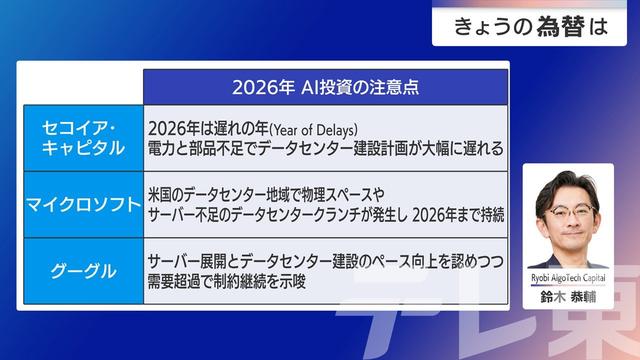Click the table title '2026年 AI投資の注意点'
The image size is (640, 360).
[324, 86]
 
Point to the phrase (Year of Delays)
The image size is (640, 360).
[303, 127]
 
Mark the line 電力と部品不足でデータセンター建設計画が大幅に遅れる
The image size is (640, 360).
[325, 148]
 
